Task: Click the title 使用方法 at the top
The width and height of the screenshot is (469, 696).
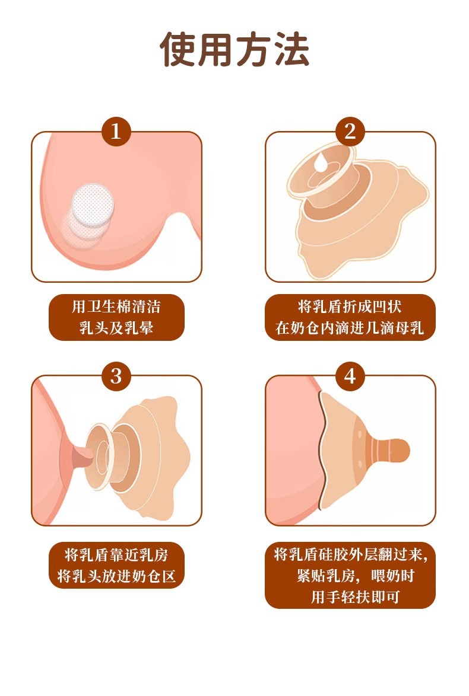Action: tap(235, 49)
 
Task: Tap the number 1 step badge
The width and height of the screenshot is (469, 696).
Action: tap(116, 132)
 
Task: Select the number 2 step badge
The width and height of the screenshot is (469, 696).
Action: tap(350, 132)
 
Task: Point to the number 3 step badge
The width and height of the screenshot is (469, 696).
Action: tap(116, 376)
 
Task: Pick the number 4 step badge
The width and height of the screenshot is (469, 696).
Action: tap(350, 376)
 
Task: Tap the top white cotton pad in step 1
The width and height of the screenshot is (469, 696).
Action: tap(93, 204)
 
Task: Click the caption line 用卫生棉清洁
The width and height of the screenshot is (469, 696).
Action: tap(116, 307)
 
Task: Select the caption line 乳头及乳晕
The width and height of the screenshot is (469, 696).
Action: tap(116, 328)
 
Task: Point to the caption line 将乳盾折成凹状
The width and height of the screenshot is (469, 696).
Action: tap(350, 307)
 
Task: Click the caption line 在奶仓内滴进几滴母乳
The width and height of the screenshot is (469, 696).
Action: tap(350, 328)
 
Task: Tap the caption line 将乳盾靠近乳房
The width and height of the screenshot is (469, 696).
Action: tap(116, 555)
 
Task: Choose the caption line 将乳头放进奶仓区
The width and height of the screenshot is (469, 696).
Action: tap(116, 576)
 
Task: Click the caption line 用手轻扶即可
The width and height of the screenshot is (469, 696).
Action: tap(355, 597)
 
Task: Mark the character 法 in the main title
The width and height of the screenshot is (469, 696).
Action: tap(291, 49)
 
